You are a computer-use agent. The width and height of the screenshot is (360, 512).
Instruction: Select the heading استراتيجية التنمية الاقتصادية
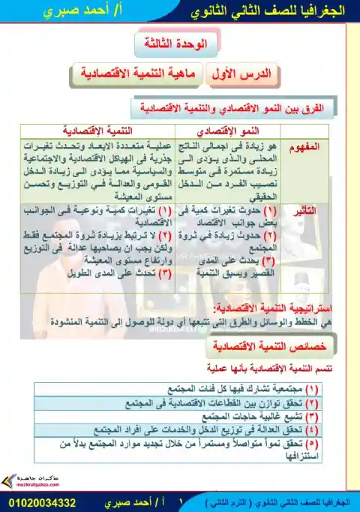(266, 309)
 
